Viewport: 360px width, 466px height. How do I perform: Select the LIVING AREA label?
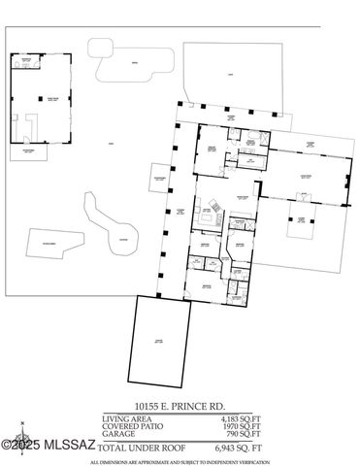tap(125, 417)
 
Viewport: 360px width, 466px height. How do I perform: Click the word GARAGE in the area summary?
tap(117, 433)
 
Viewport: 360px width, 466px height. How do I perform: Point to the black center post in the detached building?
tap(41, 99)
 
